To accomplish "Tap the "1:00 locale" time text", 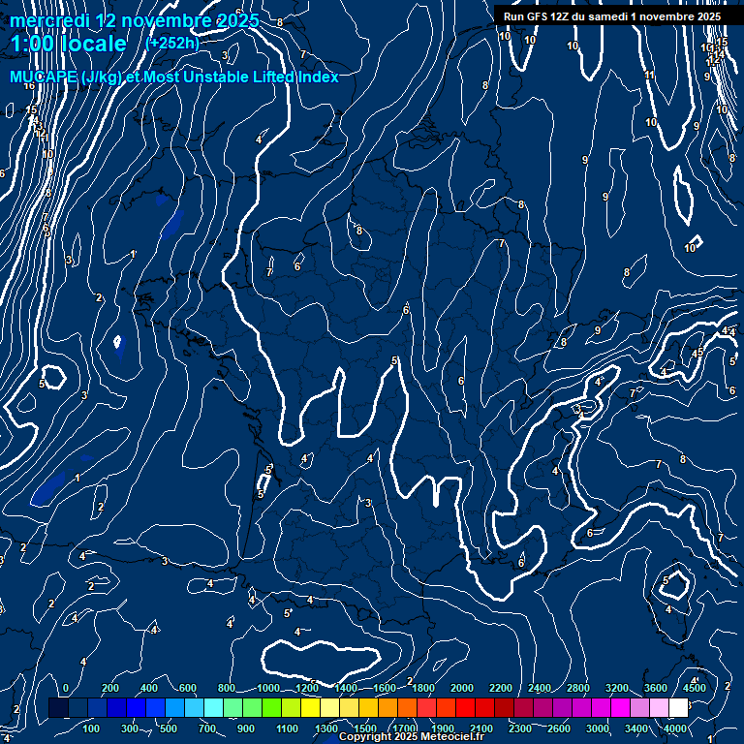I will (68, 44).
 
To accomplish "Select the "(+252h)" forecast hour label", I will (171, 43).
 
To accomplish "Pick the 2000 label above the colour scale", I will (462, 688).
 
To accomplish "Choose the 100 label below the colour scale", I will (91, 728).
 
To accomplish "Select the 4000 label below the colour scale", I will (675, 728).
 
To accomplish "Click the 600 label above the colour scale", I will (188, 688).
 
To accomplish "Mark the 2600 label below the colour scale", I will (559, 728).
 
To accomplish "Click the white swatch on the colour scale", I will (678, 708).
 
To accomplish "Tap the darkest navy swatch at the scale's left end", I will (58, 708).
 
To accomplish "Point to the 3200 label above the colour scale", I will (617, 688).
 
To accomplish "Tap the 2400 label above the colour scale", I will (540, 688).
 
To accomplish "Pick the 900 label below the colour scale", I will (246, 728).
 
